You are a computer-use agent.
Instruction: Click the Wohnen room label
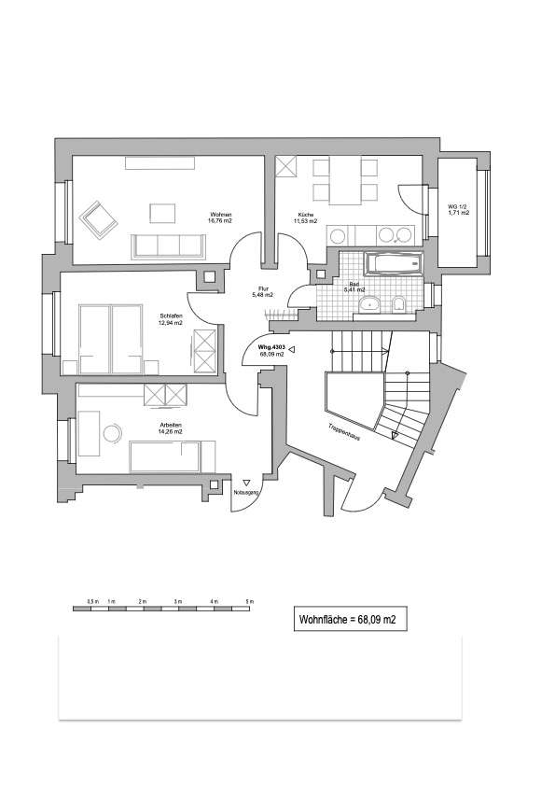[x=221, y=218]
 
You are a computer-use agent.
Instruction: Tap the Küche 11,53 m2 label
[x=306, y=218]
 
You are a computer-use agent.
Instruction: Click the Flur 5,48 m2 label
[x=262, y=291]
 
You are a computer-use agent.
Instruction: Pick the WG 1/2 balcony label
[x=458, y=210]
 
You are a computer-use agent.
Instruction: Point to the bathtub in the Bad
[x=391, y=263]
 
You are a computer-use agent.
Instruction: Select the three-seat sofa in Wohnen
[x=170, y=245]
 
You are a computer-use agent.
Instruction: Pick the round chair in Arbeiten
[x=113, y=434]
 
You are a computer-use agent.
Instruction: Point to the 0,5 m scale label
[x=91, y=599]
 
